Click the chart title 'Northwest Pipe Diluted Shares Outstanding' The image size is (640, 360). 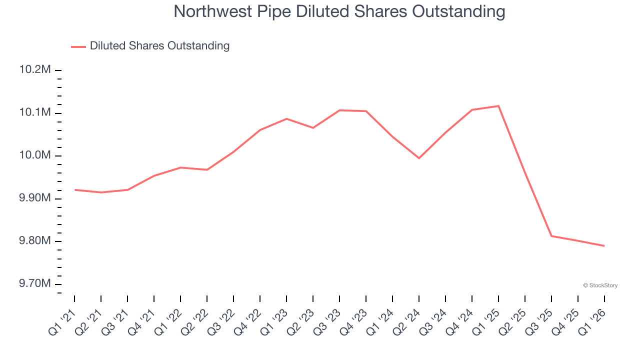[339, 11]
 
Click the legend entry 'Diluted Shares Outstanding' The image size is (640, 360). [159, 46]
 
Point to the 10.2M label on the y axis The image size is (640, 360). [35, 69]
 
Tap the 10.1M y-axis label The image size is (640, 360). [35, 112]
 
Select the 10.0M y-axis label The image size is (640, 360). [35, 155]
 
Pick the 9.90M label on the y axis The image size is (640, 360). [35, 198]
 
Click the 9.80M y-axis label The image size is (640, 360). [35, 241]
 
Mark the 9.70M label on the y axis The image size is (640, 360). [35, 284]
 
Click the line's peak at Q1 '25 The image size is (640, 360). [498, 106]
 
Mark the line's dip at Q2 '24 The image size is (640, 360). [419, 158]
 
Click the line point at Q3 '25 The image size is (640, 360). [551, 236]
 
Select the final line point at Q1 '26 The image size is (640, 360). [604, 246]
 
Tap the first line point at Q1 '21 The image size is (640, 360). [74, 190]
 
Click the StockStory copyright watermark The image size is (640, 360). [600, 285]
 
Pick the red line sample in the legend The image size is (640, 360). [78, 46]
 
